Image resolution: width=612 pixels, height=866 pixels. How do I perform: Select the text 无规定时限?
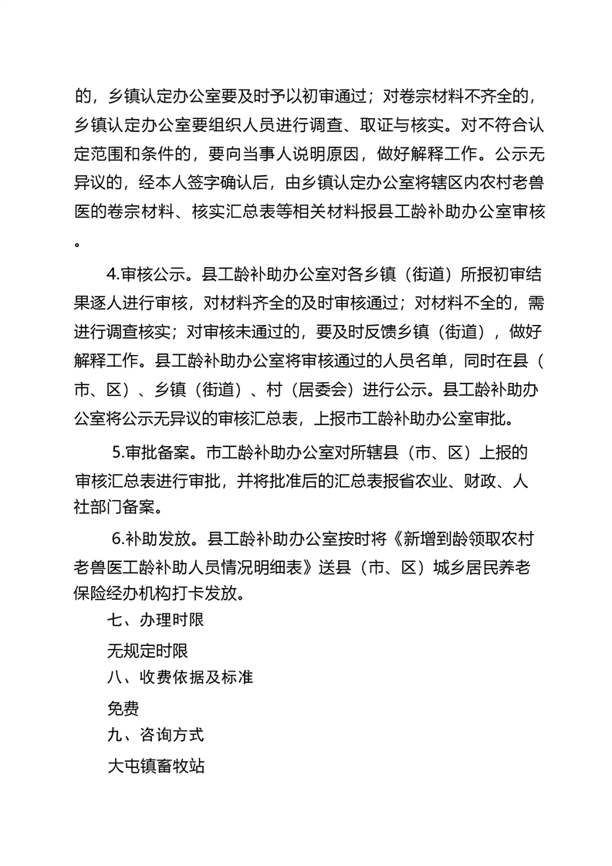pos(147,649)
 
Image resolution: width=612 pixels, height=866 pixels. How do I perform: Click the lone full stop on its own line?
pos(77,242)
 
